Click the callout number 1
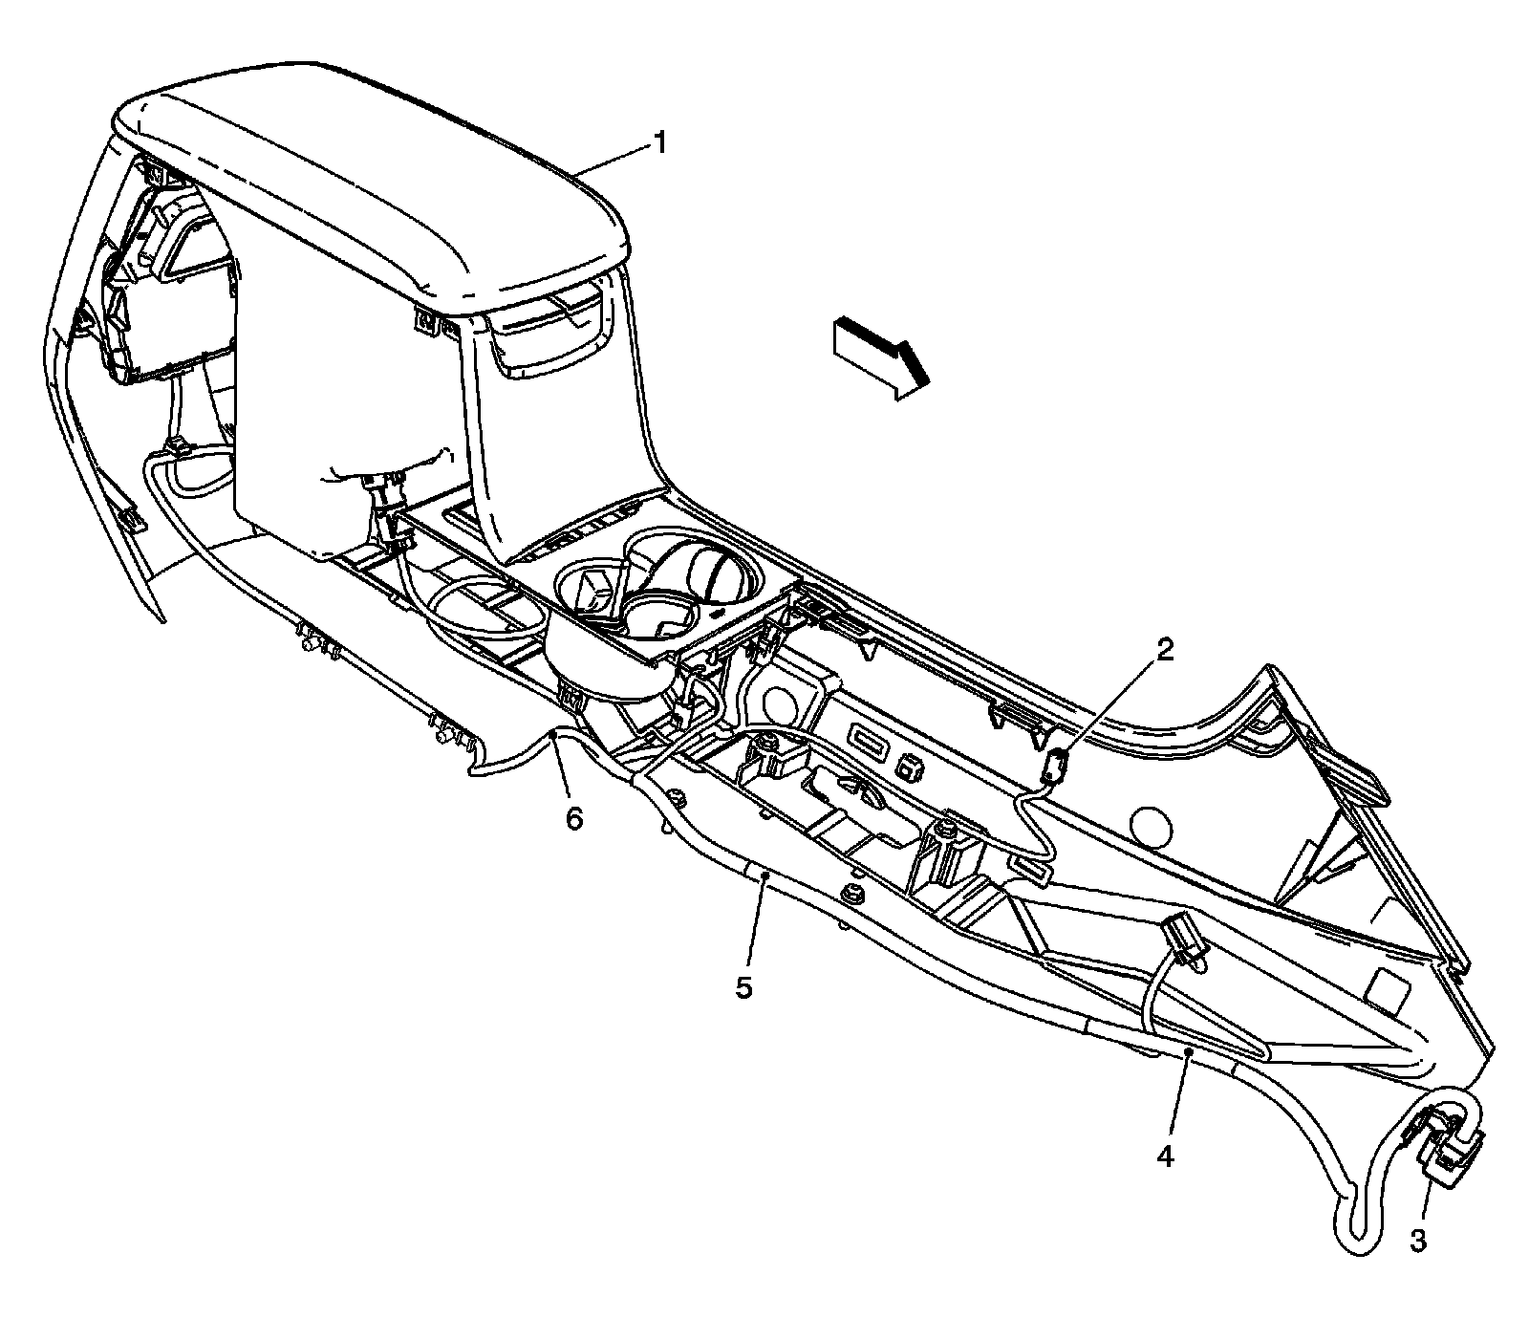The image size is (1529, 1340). (x=659, y=143)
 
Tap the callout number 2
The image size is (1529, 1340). (x=1165, y=651)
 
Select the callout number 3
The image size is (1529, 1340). (x=1418, y=1241)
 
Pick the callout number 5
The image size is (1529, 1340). (x=744, y=986)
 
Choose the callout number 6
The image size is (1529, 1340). (x=573, y=819)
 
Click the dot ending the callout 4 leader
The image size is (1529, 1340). (x=1188, y=1051)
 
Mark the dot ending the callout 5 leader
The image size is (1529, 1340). (x=764, y=875)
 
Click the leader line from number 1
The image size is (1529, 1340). (x=612, y=159)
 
